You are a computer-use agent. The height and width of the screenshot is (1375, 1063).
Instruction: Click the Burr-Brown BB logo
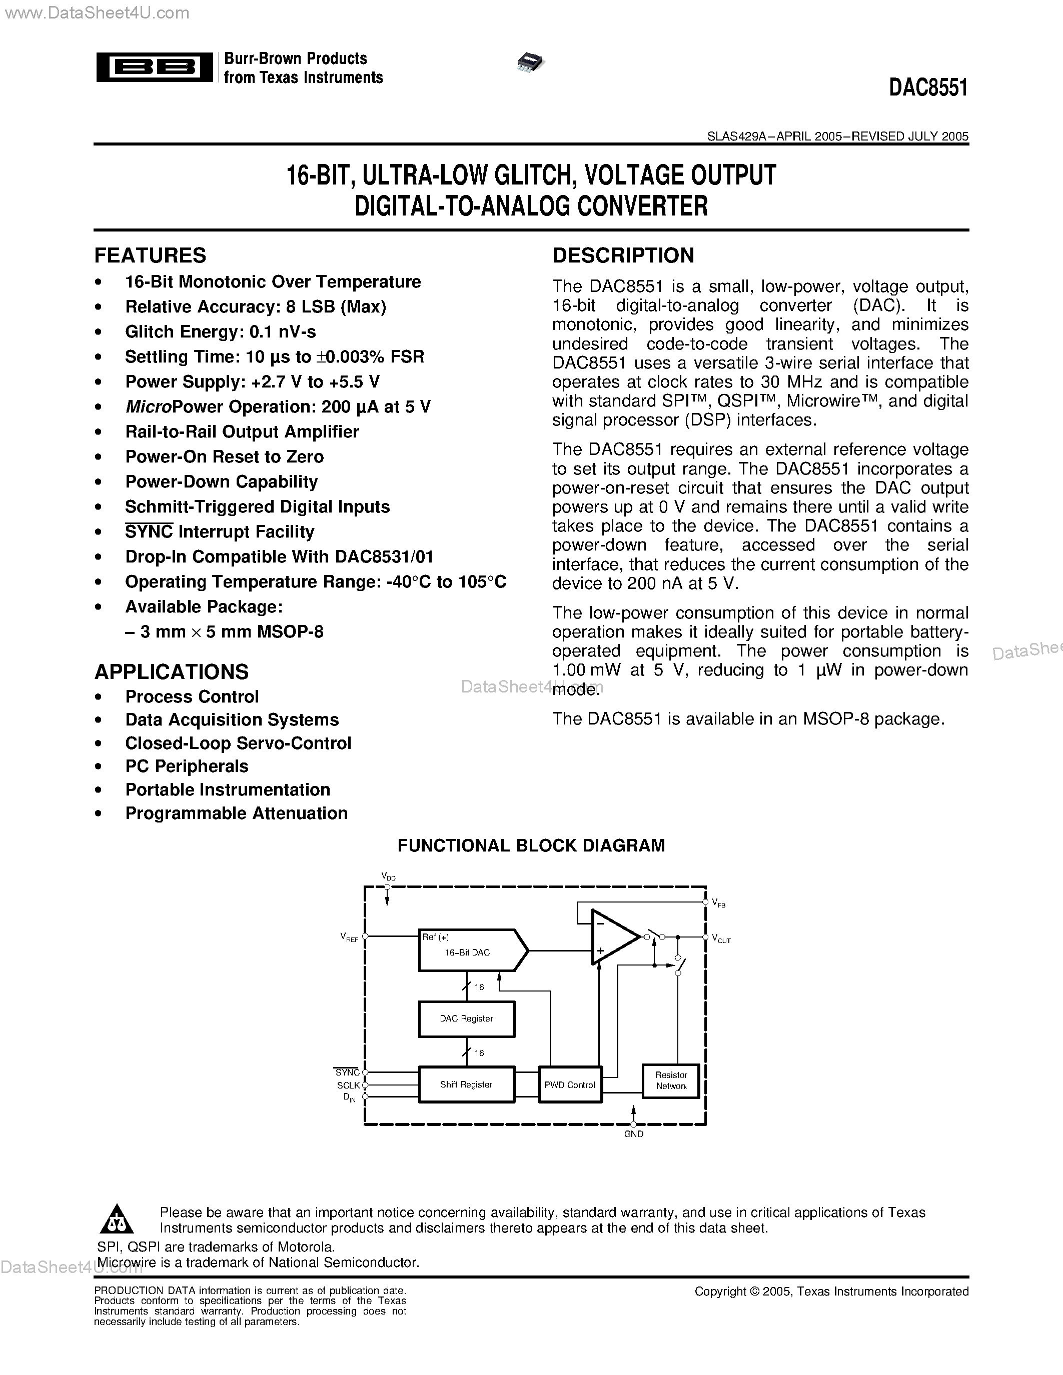coord(154,66)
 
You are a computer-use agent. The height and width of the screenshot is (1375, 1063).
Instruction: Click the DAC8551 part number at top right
coord(928,88)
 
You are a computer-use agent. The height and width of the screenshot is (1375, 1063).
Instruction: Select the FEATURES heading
coord(150,255)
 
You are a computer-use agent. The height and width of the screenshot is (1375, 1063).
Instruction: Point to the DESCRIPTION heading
coord(623,255)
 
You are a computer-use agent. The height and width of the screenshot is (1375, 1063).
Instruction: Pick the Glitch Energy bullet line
coord(221,332)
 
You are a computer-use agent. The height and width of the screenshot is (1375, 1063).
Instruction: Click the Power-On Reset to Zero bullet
coord(224,456)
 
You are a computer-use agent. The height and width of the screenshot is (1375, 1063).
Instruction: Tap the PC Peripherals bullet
coord(187,766)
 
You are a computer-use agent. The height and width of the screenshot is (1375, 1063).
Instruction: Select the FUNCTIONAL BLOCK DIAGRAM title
coord(531,845)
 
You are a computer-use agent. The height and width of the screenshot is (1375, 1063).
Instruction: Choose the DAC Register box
coord(466,1018)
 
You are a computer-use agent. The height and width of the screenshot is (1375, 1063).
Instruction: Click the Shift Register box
coord(466,1084)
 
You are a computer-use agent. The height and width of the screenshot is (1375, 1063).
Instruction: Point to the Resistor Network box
coord(671,1080)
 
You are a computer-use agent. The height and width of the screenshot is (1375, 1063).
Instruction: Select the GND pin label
coord(633,1134)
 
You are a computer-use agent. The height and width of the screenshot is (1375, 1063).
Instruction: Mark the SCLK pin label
coord(348,1085)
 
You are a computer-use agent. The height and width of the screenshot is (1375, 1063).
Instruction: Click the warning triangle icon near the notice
coord(117,1220)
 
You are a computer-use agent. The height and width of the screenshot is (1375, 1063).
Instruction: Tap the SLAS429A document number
coord(737,136)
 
